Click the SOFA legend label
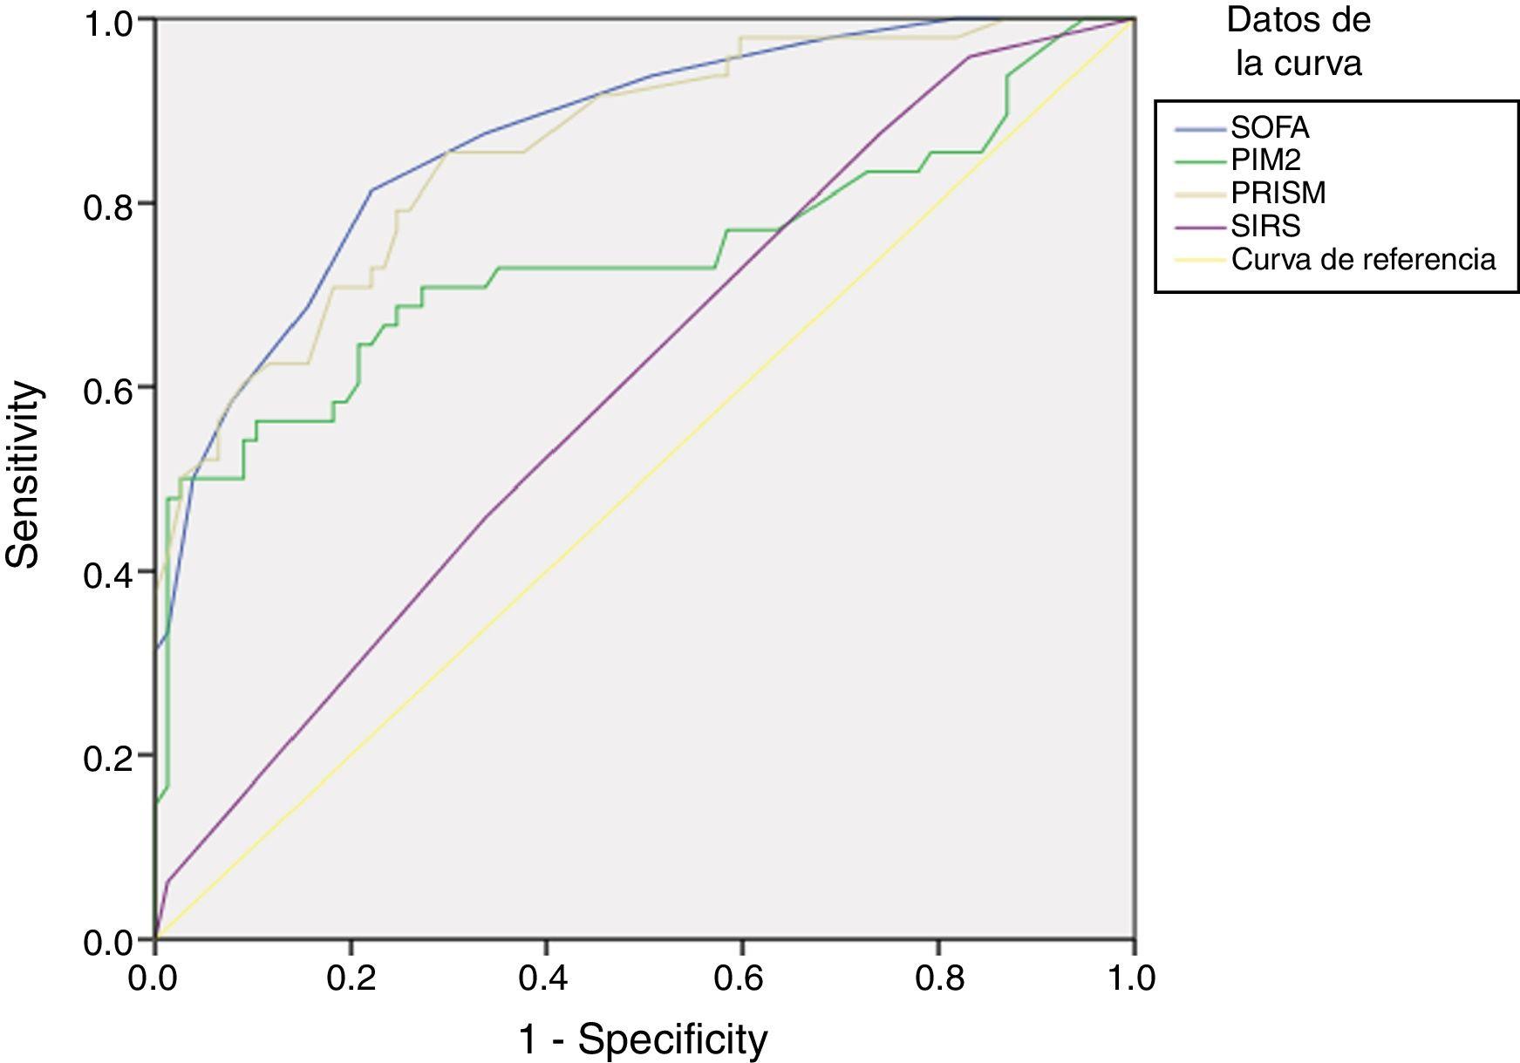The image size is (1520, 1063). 1269,128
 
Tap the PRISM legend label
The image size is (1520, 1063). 1278,193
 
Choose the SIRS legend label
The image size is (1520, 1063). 1265,226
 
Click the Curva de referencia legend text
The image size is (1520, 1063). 1363,259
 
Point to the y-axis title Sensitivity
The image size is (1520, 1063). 24,475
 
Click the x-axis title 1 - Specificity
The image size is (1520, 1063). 644,1039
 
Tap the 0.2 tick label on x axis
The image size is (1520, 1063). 351,978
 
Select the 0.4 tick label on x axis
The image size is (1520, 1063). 546,978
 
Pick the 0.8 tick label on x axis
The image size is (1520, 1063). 937,978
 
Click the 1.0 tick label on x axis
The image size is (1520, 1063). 1132,978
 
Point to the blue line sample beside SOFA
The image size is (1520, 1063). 1201,129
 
